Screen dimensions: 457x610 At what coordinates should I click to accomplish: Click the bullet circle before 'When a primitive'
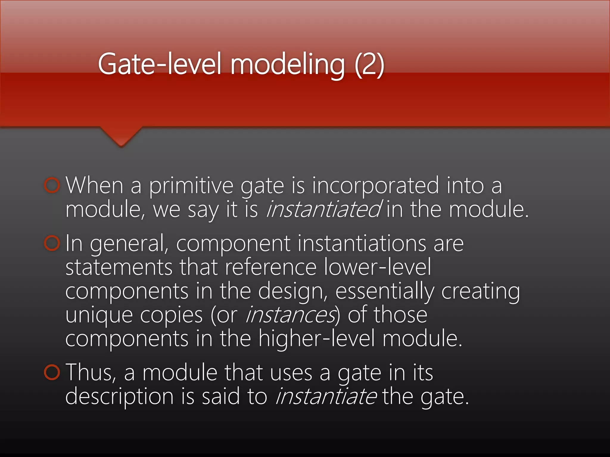[x=52, y=185]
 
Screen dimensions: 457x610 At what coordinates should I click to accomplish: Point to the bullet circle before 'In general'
[x=52, y=243]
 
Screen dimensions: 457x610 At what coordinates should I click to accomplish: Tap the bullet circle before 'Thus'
[x=52, y=372]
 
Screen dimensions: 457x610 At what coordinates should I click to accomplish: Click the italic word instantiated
[x=323, y=209]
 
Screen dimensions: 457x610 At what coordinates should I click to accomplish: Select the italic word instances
[x=290, y=315]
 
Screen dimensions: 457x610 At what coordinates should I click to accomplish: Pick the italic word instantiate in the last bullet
[x=326, y=397]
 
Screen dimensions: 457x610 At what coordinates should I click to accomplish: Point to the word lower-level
[x=377, y=267]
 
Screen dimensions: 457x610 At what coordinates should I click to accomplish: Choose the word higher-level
[x=316, y=339]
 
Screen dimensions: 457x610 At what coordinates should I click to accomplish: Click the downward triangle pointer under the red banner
[x=121, y=137]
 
